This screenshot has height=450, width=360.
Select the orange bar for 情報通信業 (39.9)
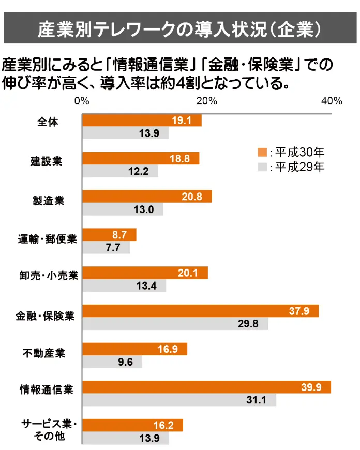[207, 387]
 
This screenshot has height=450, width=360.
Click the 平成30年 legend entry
[291, 152]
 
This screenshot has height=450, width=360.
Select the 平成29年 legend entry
[291, 167]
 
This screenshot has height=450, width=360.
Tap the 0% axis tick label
[82, 101]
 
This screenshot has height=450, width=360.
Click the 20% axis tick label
[206, 101]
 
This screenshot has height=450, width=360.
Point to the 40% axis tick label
[332, 101]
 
